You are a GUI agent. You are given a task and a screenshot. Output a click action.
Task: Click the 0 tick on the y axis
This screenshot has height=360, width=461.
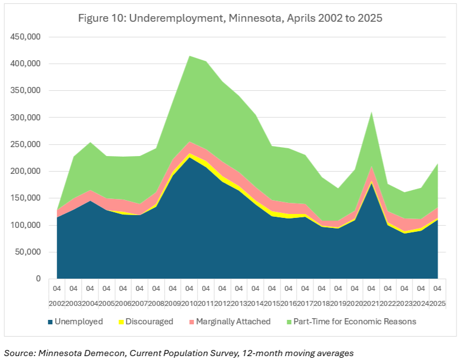click(x=38, y=279)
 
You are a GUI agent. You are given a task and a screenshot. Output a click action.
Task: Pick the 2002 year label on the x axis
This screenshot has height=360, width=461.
click(x=57, y=303)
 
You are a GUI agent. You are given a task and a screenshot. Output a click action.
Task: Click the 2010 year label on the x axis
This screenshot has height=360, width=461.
click(x=189, y=303)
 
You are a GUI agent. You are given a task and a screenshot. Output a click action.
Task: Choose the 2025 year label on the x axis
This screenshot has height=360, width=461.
click(x=438, y=303)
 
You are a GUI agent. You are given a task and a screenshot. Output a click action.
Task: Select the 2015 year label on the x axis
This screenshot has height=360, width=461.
click(x=272, y=303)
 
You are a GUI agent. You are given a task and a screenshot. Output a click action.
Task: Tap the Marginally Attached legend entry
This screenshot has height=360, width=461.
click(x=232, y=322)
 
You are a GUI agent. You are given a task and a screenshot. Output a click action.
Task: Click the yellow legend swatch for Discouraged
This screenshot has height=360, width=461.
click(x=120, y=322)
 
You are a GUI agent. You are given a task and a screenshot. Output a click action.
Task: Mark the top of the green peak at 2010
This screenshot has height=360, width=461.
click(x=189, y=56)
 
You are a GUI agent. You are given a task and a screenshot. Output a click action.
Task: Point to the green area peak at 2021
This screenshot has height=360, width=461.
click(x=371, y=113)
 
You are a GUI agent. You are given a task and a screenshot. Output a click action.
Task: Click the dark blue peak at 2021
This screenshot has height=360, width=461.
click(x=371, y=183)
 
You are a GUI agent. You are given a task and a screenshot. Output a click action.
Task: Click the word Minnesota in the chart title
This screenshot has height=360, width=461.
click(x=259, y=18)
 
